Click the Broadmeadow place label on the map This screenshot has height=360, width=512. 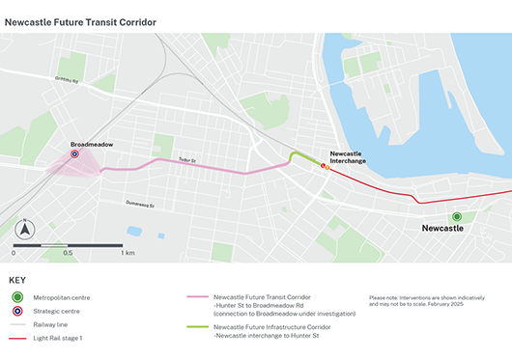(92, 144)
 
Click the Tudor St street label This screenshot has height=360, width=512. (186, 161)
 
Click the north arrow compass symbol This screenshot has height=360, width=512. (27, 230)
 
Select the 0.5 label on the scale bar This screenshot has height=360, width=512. (68, 253)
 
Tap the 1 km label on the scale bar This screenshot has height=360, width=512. (128, 253)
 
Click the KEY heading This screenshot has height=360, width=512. (17, 280)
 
